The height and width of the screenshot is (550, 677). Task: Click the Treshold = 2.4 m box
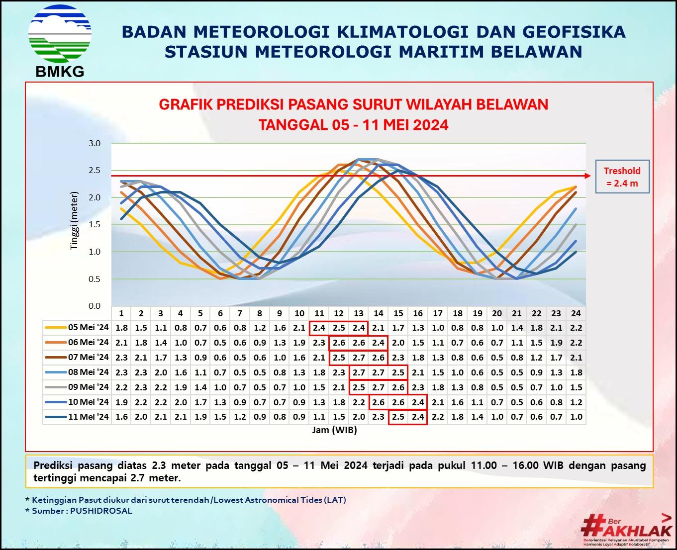(622, 177)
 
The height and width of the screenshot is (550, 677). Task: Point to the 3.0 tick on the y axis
(95, 143)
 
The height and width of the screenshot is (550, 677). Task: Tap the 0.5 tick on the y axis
(95, 279)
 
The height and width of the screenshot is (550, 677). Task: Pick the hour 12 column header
(339, 313)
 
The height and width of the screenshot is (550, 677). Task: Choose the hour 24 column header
(576, 313)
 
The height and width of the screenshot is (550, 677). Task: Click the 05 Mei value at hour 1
(121, 328)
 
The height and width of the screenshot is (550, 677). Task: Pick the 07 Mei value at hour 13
(359, 358)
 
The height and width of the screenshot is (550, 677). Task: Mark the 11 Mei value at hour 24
(576, 417)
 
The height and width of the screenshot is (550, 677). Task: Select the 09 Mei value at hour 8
(260, 387)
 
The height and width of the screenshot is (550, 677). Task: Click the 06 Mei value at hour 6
(220, 343)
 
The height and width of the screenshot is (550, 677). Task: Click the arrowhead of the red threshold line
(588, 176)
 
